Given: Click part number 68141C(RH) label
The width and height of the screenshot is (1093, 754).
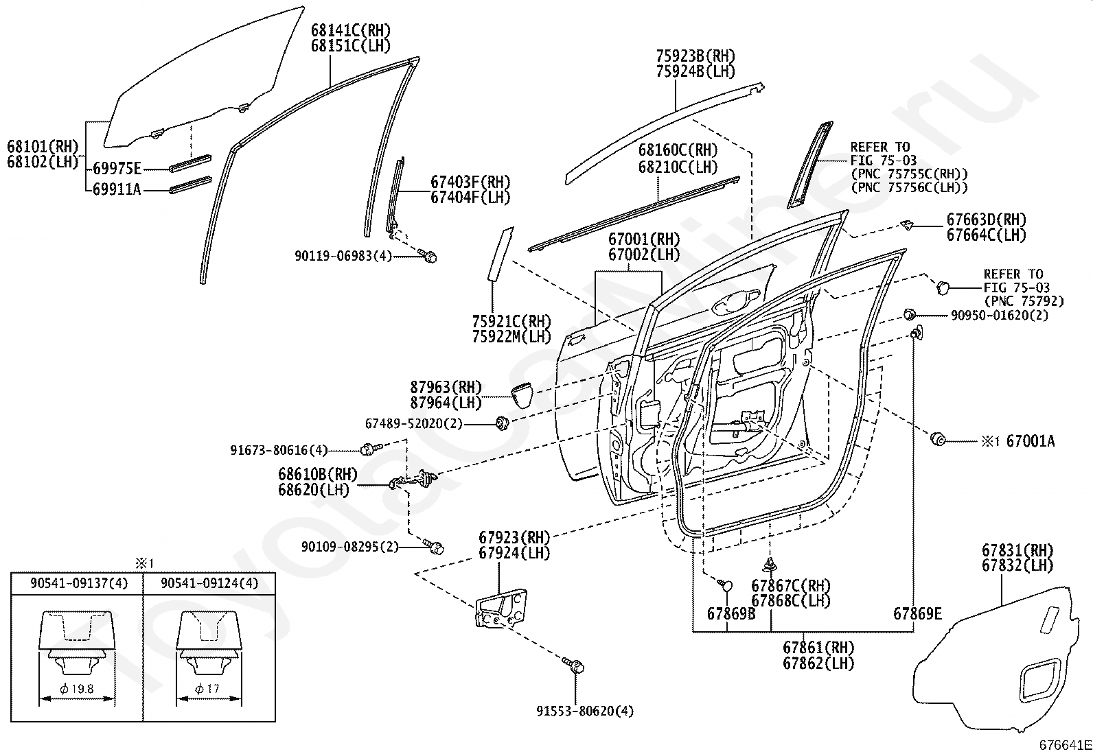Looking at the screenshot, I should (350, 30).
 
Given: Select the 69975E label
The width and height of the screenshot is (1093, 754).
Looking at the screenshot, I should (117, 168).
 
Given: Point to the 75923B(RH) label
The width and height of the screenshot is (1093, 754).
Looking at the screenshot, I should (695, 56).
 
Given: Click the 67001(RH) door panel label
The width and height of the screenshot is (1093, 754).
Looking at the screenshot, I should (644, 239).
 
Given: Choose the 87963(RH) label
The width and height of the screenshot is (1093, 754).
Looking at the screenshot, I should (446, 387).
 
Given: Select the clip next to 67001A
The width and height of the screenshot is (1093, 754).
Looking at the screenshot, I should (935, 438).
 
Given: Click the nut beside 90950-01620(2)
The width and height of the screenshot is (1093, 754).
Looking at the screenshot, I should (909, 315).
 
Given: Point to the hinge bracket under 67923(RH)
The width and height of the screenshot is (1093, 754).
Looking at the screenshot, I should (501, 608).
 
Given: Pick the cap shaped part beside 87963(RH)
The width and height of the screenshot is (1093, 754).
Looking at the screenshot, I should (522, 396).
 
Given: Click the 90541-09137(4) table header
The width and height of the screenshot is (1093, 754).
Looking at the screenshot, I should (79, 583).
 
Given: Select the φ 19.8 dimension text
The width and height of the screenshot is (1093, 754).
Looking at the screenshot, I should (77, 689).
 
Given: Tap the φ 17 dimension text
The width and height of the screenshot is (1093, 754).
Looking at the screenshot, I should (208, 689).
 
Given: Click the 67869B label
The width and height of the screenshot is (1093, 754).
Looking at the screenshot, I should (731, 613).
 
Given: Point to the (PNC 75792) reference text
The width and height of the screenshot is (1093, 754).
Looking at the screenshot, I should (1024, 301).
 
